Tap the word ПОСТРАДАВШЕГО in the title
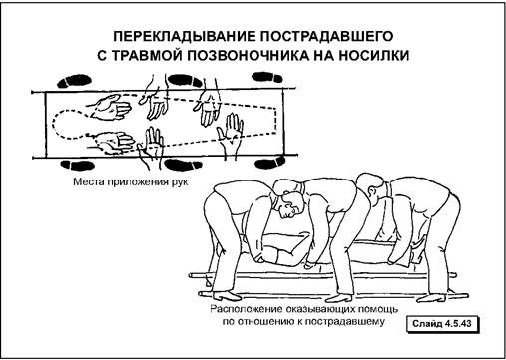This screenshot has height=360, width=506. [x=327, y=36]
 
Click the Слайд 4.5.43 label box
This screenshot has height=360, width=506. [x=442, y=324]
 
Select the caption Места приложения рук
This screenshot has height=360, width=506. [x=131, y=182]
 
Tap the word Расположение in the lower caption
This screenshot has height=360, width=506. [x=246, y=309]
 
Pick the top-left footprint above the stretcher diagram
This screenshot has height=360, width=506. [x=74, y=81]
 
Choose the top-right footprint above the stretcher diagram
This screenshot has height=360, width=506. [x=267, y=77]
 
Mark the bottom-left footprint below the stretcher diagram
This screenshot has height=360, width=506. [x=77, y=165]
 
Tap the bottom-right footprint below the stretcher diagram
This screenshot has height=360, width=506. [x=270, y=163]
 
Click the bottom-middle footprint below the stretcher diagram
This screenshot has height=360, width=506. [x=184, y=165]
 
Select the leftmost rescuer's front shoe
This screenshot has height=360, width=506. [x=228, y=295]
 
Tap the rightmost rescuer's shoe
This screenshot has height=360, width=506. [x=431, y=297]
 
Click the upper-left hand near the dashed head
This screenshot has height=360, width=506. [x=110, y=107]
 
